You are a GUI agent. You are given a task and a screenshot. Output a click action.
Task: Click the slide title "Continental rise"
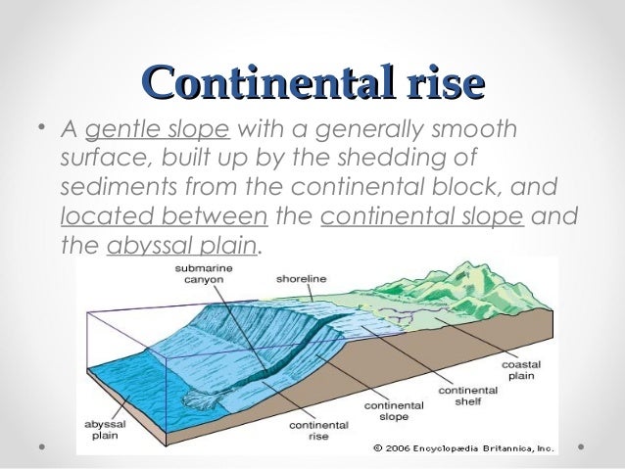click(x=312, y=80)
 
